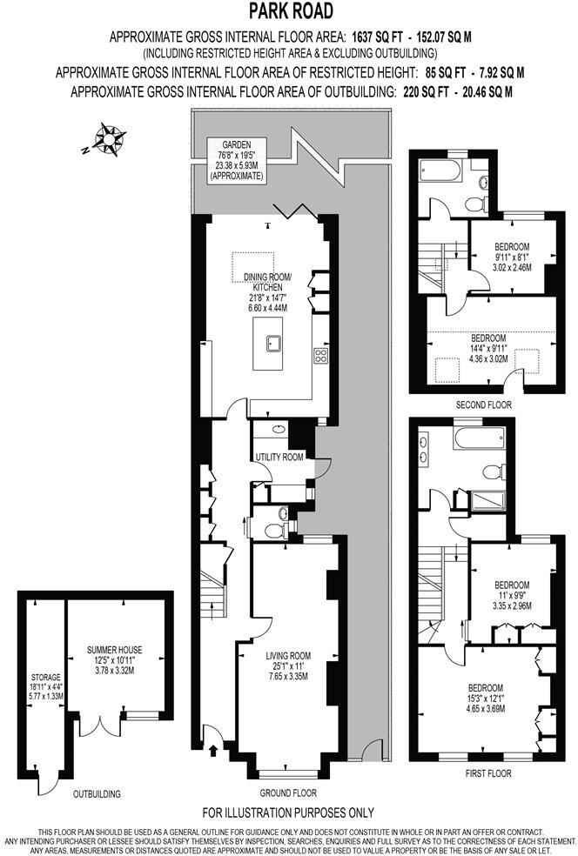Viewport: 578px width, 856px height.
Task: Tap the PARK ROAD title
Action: (x=290, y=11)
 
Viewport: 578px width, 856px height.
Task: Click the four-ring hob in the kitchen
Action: (x=319, y=354)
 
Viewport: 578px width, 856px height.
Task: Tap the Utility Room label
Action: (x=279, y=457)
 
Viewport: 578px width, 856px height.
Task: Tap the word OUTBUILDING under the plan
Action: (x=96, y=794)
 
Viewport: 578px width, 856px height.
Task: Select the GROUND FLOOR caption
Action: (x=288, y=793)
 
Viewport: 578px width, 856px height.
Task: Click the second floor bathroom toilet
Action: (x=474, y=203)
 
